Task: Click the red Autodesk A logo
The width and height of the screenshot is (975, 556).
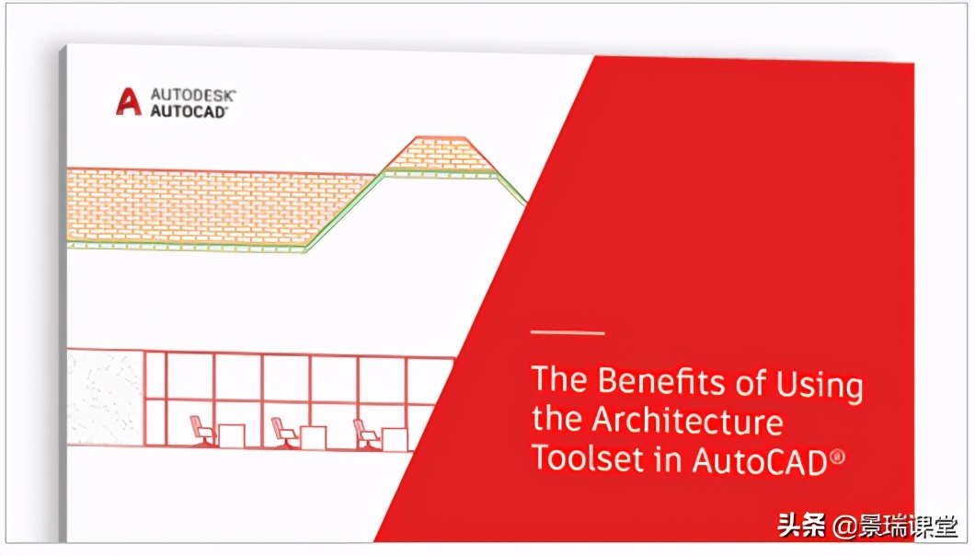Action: pos(129,101)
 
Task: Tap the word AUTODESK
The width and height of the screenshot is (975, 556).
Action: pos(193,95)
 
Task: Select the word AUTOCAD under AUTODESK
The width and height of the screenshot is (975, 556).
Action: pos(189,111)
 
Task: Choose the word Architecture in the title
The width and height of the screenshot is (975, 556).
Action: pos(687,420)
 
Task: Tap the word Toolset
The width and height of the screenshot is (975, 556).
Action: pos(589,458)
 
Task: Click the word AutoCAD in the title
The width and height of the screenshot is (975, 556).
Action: pos(759,461)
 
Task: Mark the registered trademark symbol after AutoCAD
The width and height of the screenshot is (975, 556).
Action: pos(837,457)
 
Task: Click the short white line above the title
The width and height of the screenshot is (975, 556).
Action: pos(568,332)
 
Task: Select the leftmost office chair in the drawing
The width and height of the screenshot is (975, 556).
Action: pos(202,432)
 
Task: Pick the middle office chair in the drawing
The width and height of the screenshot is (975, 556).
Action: pos(284,433)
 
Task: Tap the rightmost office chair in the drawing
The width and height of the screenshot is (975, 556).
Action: pos(366,434)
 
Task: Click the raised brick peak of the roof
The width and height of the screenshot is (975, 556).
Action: pos(441,153)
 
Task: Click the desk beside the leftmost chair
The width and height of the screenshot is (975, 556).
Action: pos(231,435)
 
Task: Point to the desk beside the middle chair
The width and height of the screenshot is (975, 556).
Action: pos(313,437)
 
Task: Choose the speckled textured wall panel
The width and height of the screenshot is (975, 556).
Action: pos(105,399)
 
